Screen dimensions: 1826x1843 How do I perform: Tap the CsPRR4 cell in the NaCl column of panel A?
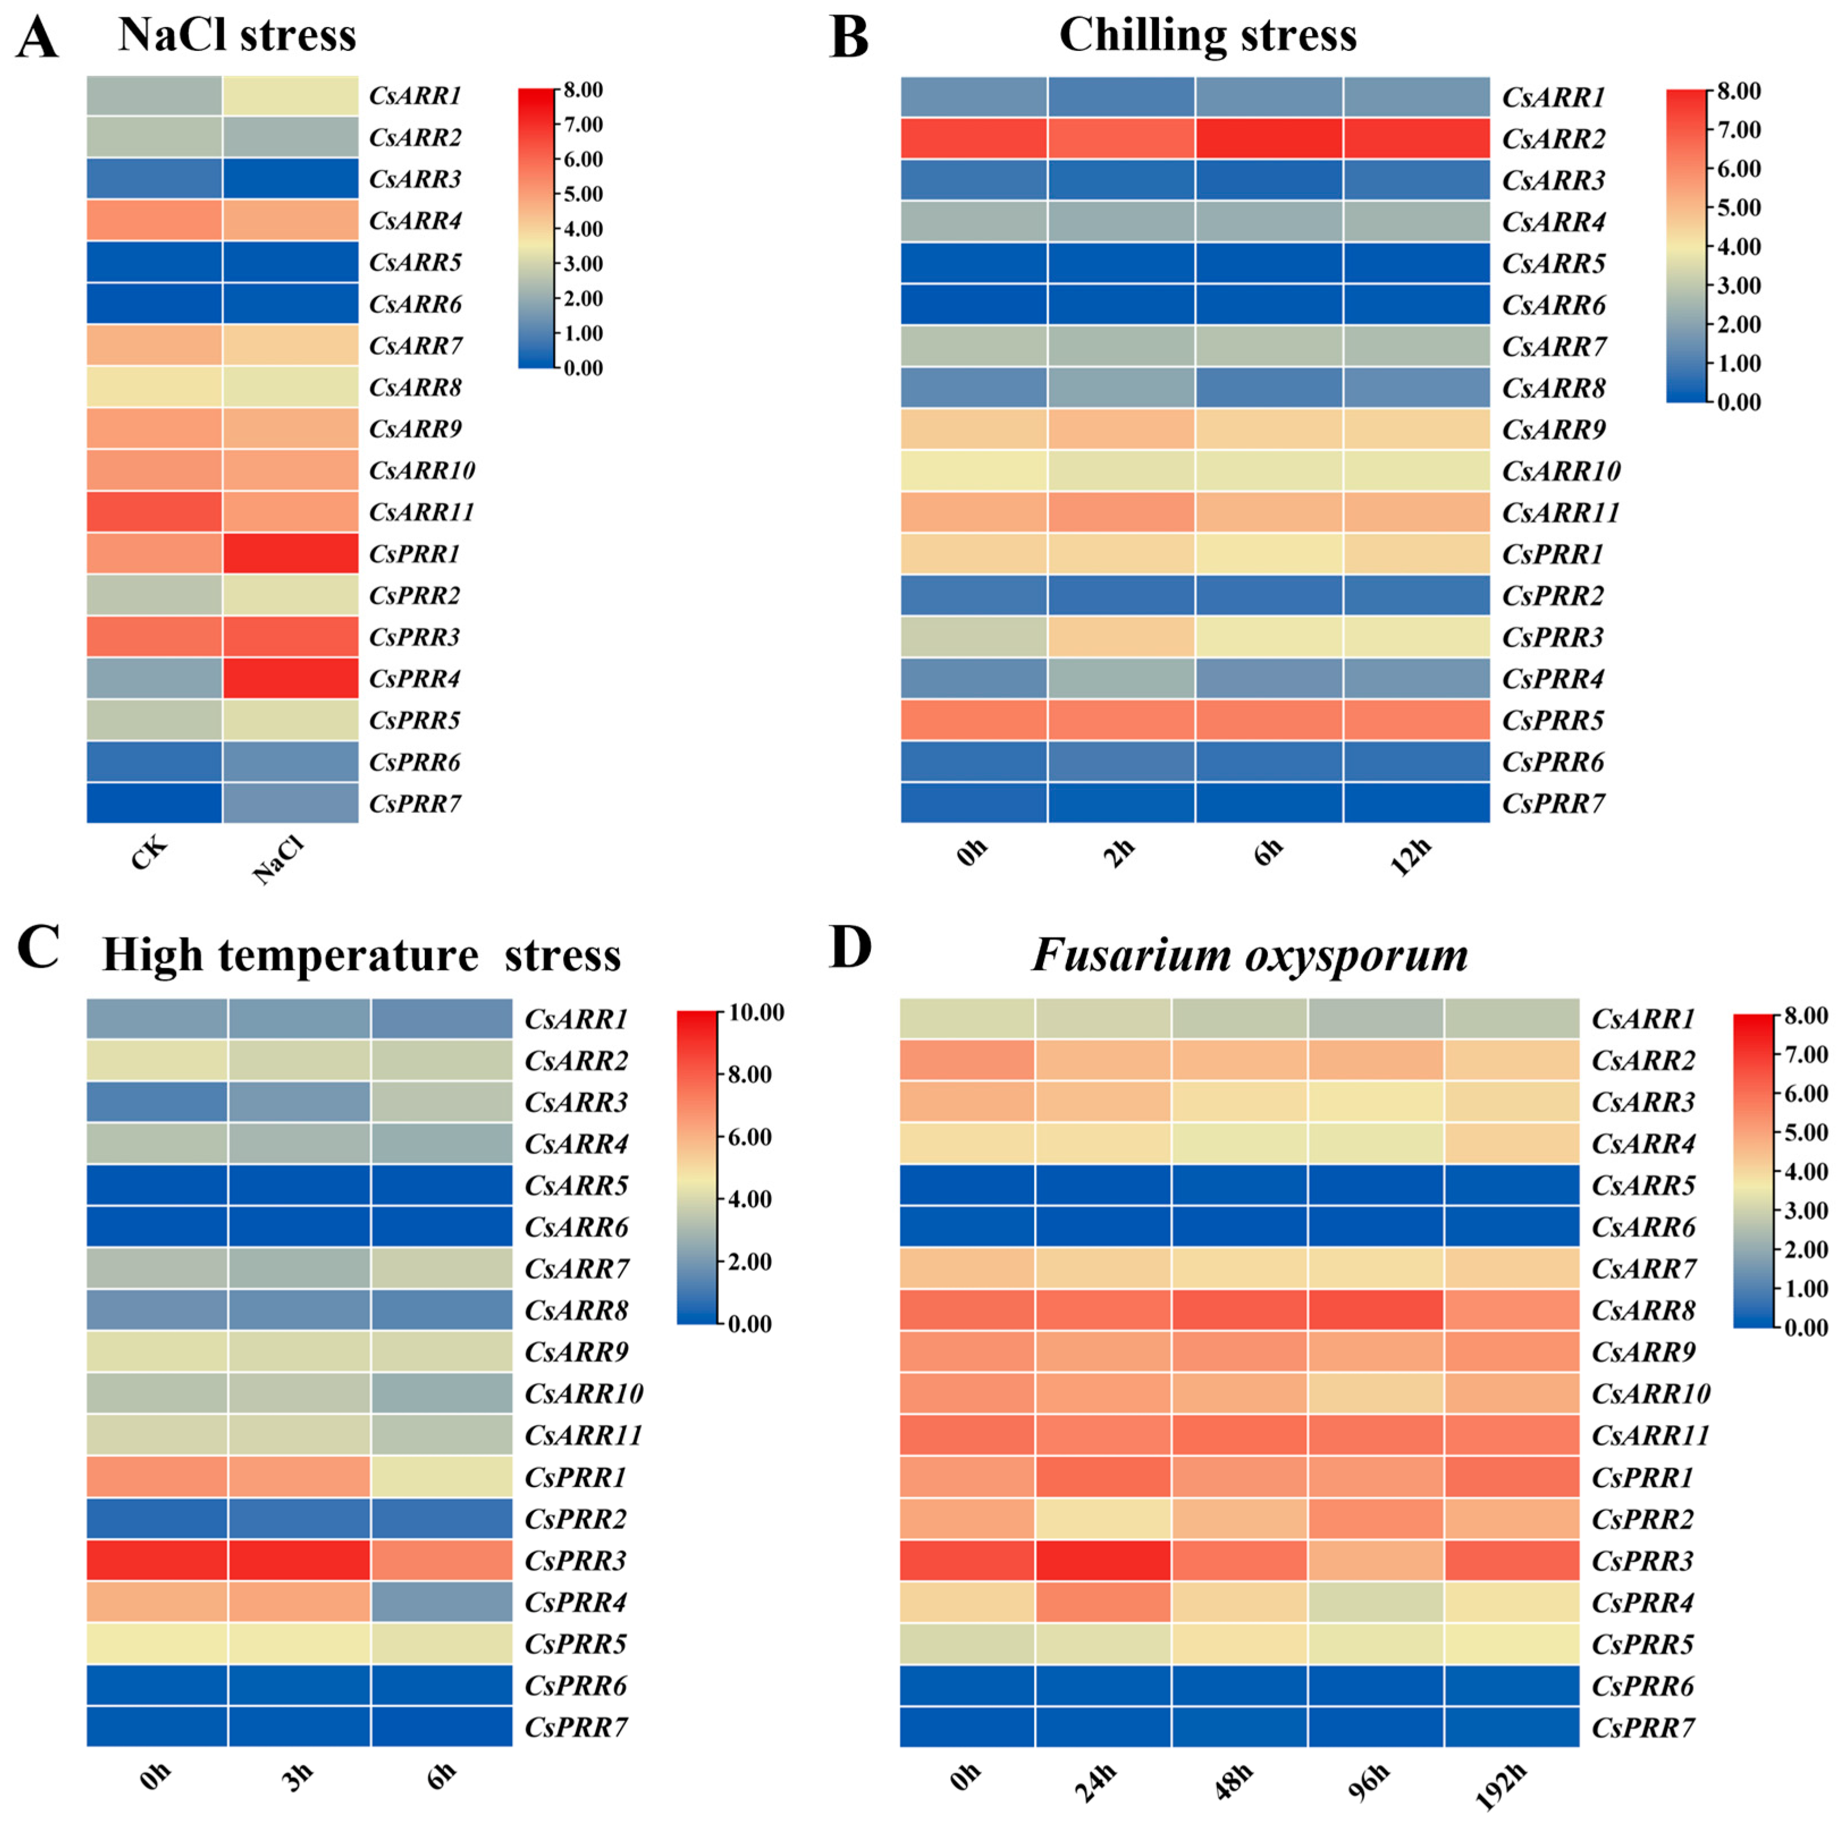[291, 678]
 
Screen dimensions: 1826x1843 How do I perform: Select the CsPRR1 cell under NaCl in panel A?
[291, 553]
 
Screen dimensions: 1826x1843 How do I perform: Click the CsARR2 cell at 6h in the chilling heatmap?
[1269, 138]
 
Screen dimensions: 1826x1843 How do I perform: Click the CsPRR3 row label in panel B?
[1553, 637]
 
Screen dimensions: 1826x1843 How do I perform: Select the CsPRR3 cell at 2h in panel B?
[1121, 637]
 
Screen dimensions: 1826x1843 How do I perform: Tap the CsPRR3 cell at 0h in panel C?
[157, 1561]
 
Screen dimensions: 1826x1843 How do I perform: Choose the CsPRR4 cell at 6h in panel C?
[442, 1603]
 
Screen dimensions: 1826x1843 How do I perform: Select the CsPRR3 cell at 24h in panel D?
[1103, 1561]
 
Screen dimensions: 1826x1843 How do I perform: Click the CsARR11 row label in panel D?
[1650, 1435]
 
